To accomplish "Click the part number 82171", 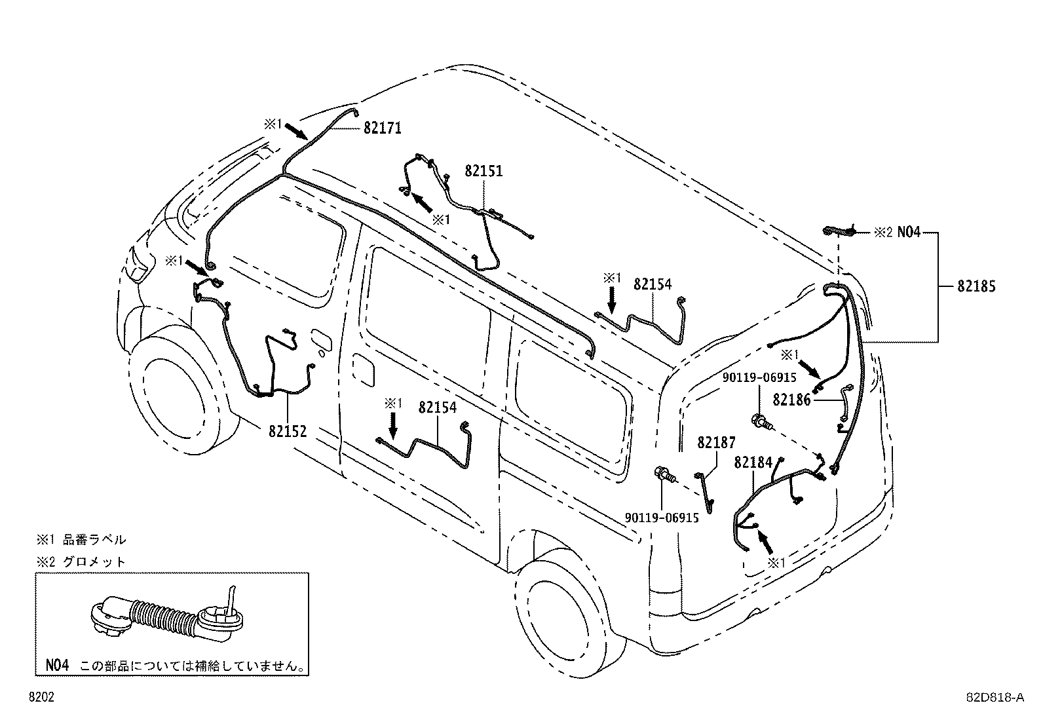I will click(x=383, y=128).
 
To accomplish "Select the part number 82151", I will click(x=484, y=172).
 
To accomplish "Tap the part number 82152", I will click(x=288, y=431).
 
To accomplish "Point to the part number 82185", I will click(x=976, y=286).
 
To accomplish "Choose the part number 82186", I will click(x=791, y=400).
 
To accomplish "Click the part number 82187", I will click(x=716, y=443).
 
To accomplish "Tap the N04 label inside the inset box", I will click(x=57, y=665).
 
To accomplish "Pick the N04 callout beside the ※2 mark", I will click(x=909, y=231).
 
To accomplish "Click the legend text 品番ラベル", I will click(x=94, y=540).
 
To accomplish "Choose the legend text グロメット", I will click(x=94, y=561).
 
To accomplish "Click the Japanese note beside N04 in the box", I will click(x=192, y=666).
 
